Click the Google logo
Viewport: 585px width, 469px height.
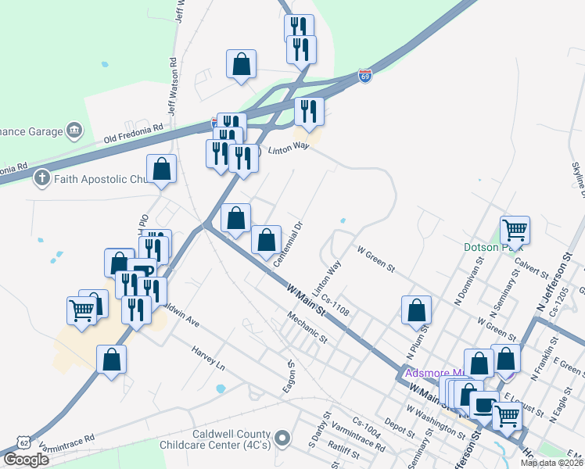(27, 460)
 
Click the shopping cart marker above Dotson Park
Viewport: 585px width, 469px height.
(515, 230)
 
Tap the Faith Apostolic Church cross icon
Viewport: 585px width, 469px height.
(42, 179)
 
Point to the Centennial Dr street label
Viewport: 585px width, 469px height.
(287, 245)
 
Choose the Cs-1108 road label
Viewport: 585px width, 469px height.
(335, 306)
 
